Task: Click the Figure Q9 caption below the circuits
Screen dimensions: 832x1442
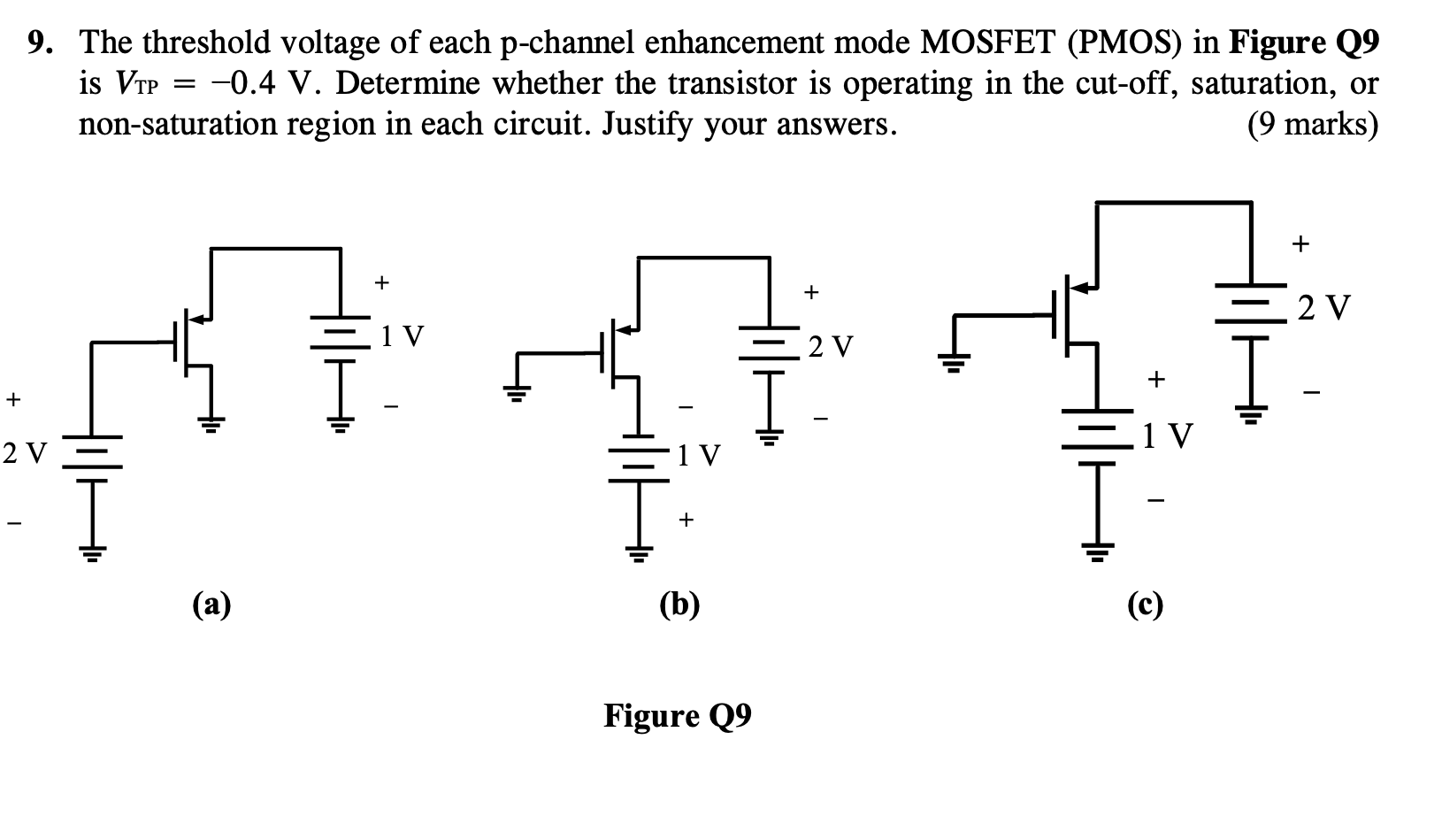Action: click(678, 715)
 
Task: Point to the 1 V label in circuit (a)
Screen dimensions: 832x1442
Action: click(402, 336)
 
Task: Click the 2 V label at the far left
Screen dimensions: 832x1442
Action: click(23, 454)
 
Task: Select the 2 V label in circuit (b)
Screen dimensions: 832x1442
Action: click(831, 346)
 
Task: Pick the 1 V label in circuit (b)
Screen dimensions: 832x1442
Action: click(698, 457)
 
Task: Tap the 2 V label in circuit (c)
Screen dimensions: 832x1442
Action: click(1324, 308)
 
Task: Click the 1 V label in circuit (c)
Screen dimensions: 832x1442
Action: click(1167, 435)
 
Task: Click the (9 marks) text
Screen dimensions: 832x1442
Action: click(1312, 125)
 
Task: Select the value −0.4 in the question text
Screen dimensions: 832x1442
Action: click(243, 84)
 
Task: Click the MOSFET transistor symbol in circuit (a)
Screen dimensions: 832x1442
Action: click(193, 341)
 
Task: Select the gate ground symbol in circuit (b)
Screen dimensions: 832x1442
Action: click(517, 390)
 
